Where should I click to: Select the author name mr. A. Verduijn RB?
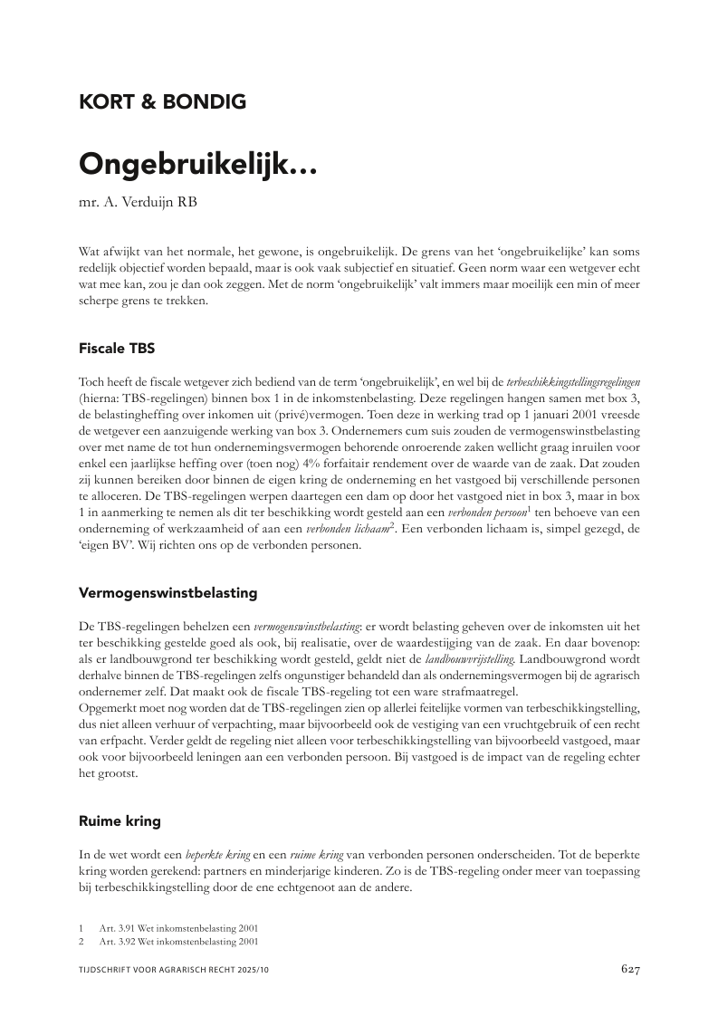[138, 202]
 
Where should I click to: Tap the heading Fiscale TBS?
[118, 349]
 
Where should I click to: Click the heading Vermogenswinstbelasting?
[168, 593]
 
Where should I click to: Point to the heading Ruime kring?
[120, 821]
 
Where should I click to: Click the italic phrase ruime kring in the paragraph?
[314, 854]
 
